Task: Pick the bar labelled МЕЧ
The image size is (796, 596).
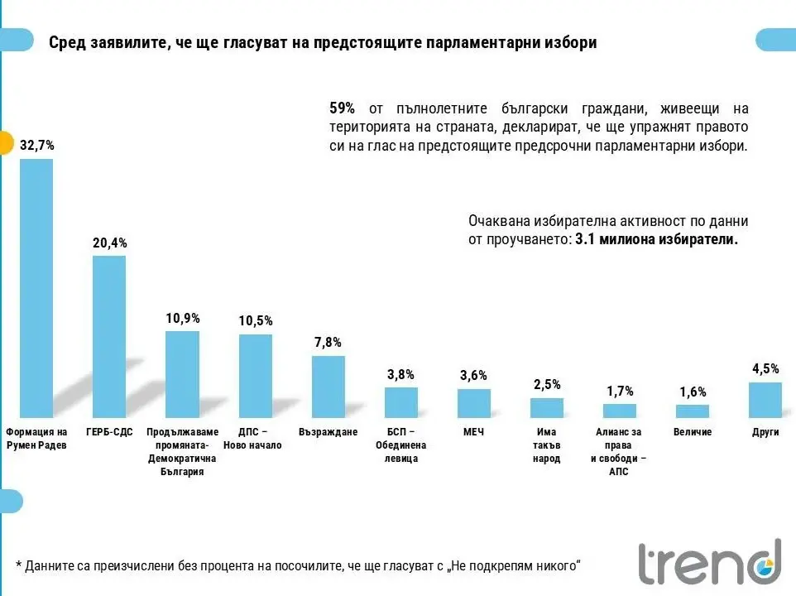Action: click(474, 402)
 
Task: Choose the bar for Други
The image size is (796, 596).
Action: click(765, 399)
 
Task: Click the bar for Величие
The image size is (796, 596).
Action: click(693, 411)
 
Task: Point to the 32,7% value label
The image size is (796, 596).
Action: click(36, 145)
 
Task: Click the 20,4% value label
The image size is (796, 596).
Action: click(109, 243)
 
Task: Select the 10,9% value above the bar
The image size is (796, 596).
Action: click(182, 319)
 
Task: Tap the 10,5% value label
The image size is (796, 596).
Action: click(255, 321)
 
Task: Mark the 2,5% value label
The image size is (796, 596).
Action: click(547, 384)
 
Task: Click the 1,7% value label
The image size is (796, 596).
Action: click(620, 391)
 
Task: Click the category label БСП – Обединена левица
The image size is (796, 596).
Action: click(401, 445)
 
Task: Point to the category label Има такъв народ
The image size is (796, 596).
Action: click(547, 445)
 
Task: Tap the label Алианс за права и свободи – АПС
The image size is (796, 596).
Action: click(620, 452)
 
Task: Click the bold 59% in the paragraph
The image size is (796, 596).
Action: click(342, 108)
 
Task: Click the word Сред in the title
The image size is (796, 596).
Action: click(66, 43)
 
